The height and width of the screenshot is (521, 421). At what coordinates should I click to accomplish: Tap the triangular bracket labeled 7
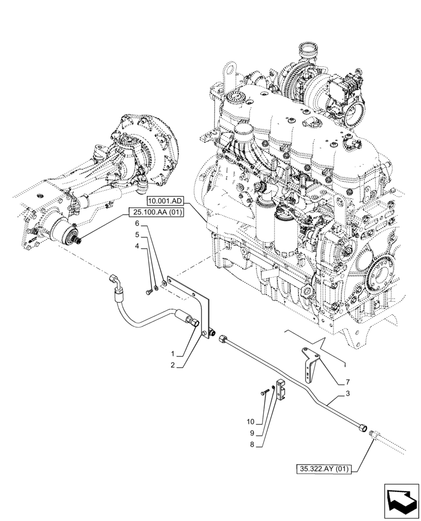point(311,362)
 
